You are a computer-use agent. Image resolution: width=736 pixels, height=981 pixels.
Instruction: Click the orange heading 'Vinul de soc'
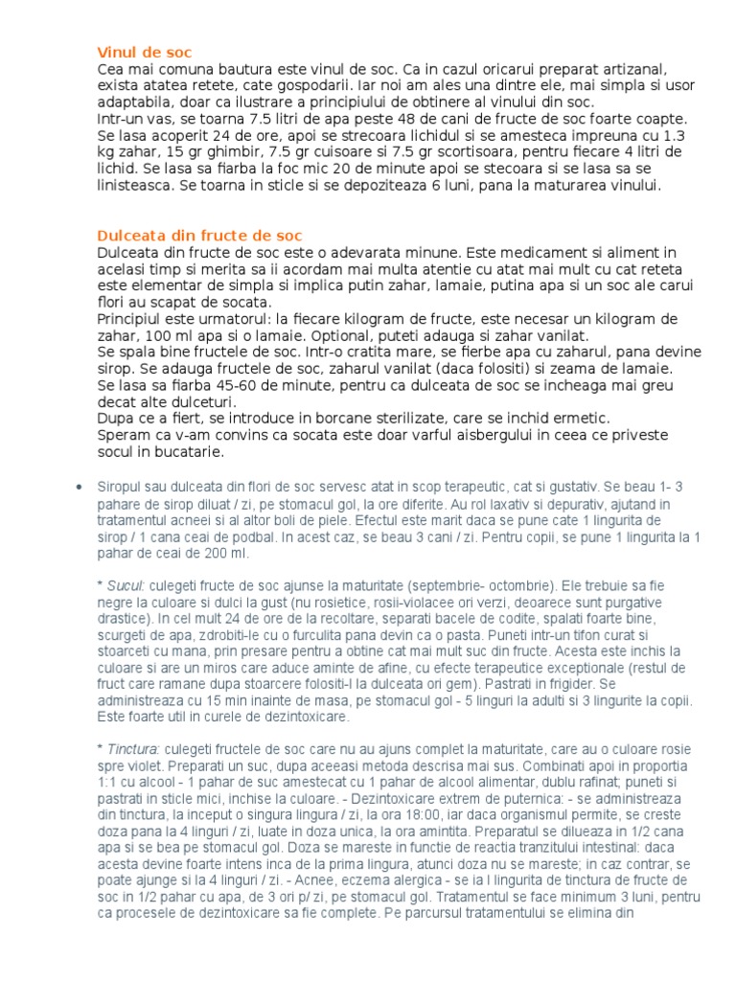pos(150,52)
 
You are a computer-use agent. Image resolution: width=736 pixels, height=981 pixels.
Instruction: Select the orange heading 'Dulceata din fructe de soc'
pos(199,236)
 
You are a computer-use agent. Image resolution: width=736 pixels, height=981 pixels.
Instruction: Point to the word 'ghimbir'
pos(197,152)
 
